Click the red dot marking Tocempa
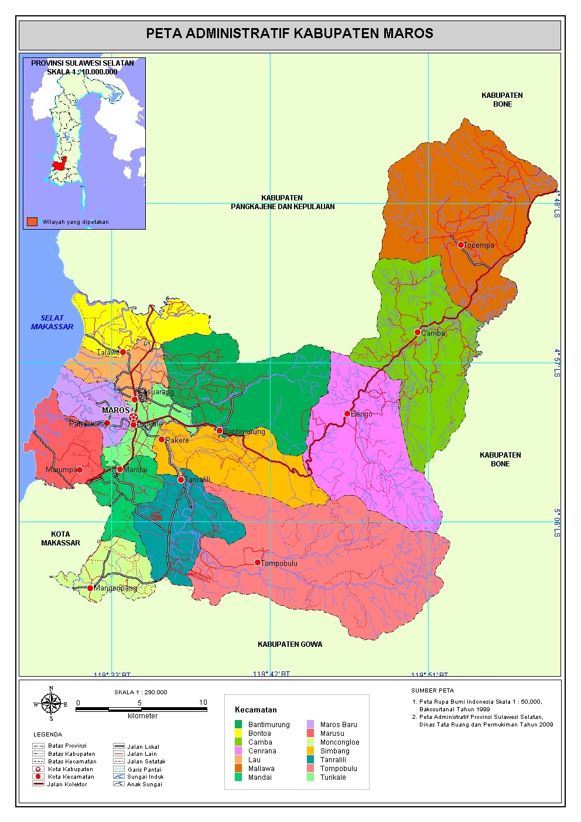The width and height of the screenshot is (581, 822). click(x=461, y=245)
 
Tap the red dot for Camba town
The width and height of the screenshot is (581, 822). click(x=418, y=332)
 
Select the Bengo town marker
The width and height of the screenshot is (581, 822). click(x=347, y=414)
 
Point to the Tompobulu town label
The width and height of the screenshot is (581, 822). click(x=279, y=563)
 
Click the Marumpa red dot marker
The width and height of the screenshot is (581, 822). click(x=80, y=470)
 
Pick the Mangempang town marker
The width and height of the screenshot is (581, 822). click(x=90, y=588)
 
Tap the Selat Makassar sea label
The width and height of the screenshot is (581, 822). click(x=52, y=322)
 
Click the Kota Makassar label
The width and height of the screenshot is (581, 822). click(x=60, y=538)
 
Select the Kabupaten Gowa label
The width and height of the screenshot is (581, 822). click(x=290, y=644)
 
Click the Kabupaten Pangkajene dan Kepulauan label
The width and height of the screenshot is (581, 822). click(x=283, y=202)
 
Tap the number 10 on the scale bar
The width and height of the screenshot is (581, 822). click(x=203, y=702)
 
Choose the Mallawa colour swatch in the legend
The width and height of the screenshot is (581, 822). click(x=238, y=768)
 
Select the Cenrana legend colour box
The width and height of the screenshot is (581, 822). click(x=238, y=751)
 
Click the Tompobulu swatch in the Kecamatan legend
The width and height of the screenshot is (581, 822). click(x=310, y=768)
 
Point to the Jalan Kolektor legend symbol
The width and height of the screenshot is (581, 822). click(x=39, y=784)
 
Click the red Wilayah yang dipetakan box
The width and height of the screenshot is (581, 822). click(x=32, y=221)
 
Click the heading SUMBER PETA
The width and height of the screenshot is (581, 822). click(x=432, y=690)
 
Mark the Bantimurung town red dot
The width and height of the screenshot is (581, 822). click(x=220, y=431)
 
